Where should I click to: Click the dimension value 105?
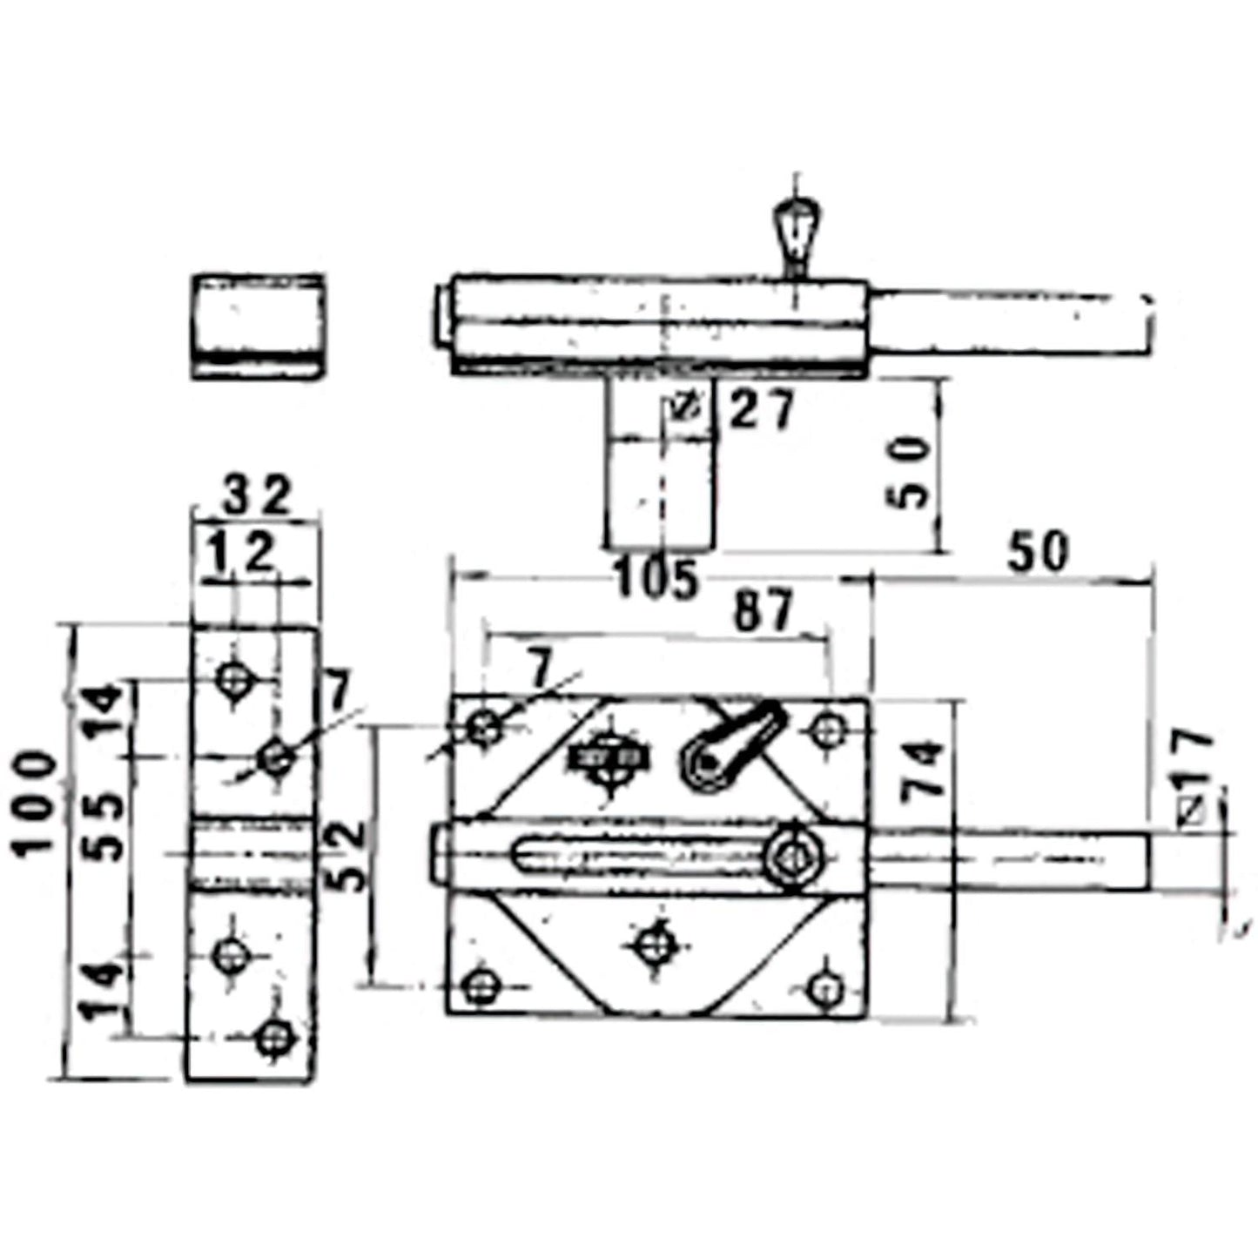tap(656, 578)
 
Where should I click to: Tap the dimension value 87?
tap(763, 610)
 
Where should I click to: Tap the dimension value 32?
tap(257, 497)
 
